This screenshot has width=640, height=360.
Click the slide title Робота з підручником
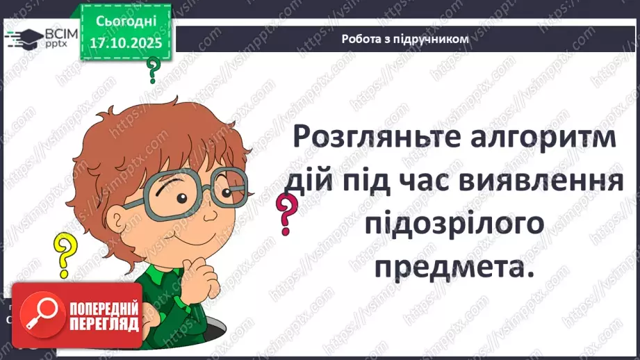[405, 39]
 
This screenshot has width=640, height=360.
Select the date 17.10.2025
[124, 42]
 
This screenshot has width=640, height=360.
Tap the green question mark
[152, 69]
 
